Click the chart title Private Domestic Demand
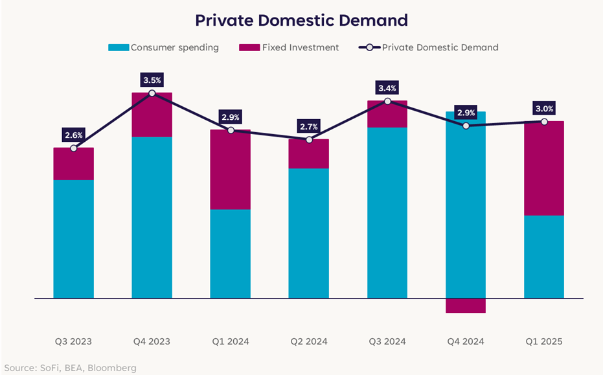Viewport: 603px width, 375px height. pos(301,21)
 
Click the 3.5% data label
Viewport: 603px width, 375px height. pos(152,80)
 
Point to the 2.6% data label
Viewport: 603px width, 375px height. pos(73,135)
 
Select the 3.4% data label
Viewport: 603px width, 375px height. pos(387,88)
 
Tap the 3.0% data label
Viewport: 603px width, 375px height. pos(544,109)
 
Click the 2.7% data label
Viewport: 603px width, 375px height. pos(309,126)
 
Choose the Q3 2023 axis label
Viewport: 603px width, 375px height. pos(73,341)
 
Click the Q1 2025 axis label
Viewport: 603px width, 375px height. pos(544,341)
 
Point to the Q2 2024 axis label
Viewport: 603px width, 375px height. pos(308,341)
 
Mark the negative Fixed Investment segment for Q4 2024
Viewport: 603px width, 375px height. pos(466,306)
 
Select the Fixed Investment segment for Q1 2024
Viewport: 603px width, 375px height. pos(230,170)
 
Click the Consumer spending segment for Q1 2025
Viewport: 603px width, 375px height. pos(544,256)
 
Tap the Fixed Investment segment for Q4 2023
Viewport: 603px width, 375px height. pos(152,115)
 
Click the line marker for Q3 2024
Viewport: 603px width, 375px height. pos(387,101)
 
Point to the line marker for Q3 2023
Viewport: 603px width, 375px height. pos(73,148)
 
